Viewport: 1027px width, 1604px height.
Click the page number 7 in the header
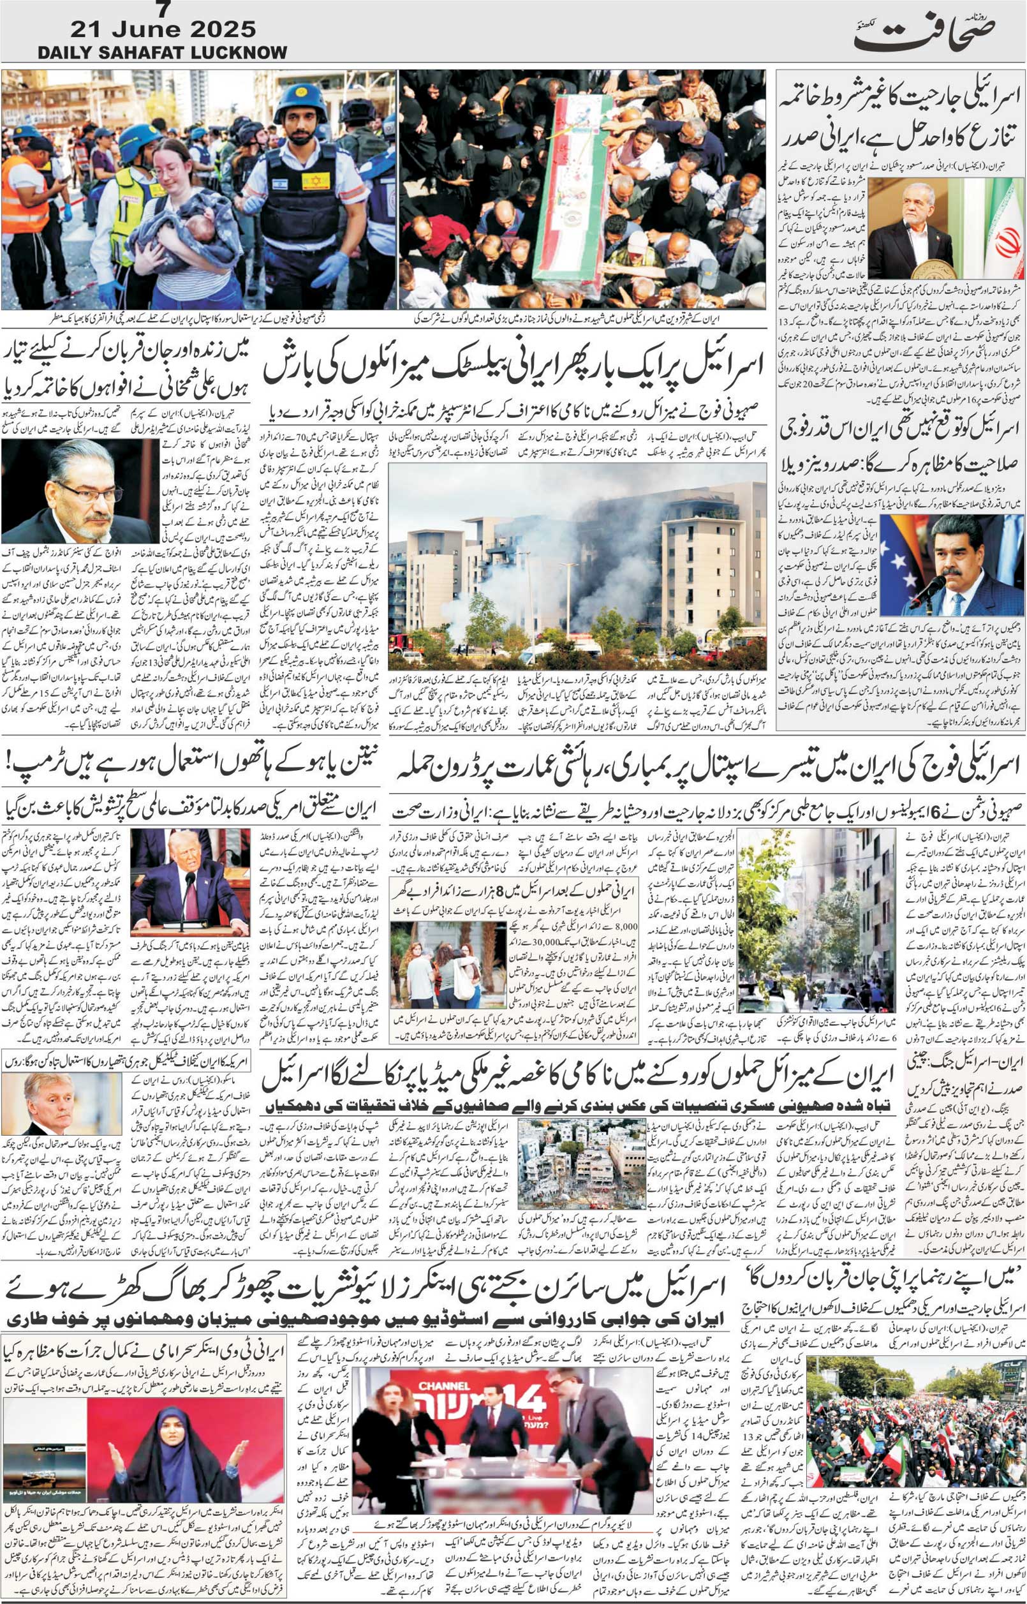coord(162,10)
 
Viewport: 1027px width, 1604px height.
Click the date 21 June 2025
coord(163,29)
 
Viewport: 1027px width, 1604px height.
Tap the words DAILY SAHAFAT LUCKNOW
coord(163,52)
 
